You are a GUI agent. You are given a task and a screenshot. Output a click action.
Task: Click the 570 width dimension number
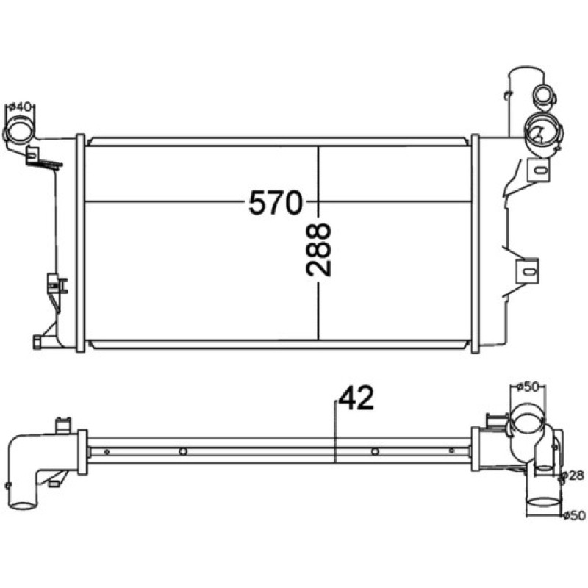pos(275,202)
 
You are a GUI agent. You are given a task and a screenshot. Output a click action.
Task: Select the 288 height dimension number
pos(318,250)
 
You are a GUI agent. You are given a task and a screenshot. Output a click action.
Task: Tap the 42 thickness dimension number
pos(356,398)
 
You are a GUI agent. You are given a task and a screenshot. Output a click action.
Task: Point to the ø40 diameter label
pos(20,107)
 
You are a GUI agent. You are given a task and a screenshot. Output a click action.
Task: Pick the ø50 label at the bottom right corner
pos(574,516)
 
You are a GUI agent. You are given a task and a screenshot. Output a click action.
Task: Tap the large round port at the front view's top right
pos(543,131)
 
